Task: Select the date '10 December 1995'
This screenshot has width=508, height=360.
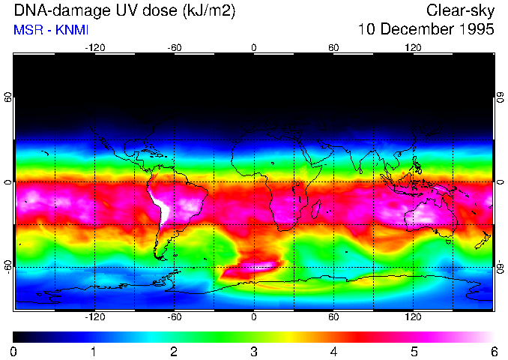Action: point(426,30)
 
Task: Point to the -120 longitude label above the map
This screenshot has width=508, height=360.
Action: point(94,47)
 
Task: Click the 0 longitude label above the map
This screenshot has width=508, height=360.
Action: point(254,47)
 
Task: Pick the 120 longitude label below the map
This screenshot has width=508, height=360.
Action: point(414,317)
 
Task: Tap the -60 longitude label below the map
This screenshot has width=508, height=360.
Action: point(174,317)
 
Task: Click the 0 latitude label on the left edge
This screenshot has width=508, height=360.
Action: point(7,182)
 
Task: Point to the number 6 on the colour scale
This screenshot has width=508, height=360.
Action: point(493,351)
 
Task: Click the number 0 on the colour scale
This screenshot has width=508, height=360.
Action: point(14,351)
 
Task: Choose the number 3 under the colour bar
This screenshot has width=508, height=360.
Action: point(253,351)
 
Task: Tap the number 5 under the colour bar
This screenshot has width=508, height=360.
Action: point(414,351)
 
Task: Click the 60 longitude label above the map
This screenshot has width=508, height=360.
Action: point(333,47)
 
